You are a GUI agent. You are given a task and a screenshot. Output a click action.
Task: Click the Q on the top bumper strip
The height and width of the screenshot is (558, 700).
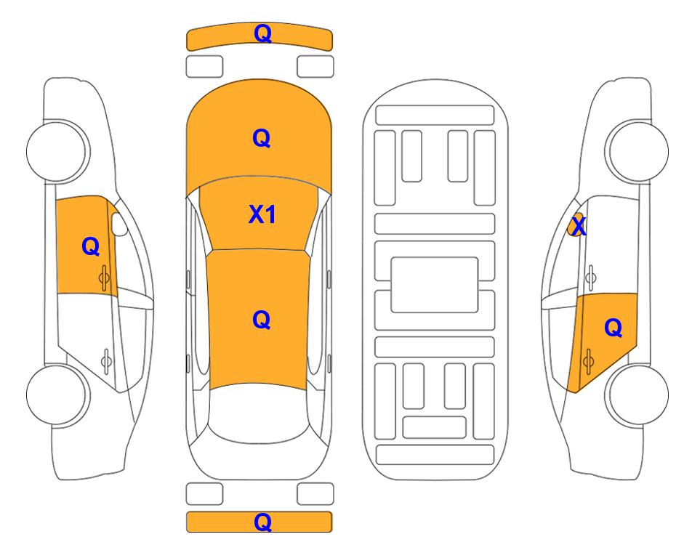pyautogui.click(x=262, y=33)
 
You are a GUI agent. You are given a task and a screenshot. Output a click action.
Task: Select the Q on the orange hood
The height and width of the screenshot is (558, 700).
pyautogui.click(x=262, y=138)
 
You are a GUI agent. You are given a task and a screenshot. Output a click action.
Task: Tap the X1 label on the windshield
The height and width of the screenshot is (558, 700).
pyautogui.click(x=262, y=214)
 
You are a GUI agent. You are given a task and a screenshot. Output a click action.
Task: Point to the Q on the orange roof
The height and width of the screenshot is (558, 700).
pyautogui.click(x=262, y=320)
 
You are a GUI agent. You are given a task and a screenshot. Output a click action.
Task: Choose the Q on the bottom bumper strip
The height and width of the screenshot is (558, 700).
pyautogui.click(x=262, y=522)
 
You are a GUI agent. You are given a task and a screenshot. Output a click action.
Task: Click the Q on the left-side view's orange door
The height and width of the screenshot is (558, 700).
pyautogui.click(x=91, y=246)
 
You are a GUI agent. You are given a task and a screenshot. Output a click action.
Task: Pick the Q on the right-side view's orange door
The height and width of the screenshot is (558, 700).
pyautogui.click(x=613, y=328)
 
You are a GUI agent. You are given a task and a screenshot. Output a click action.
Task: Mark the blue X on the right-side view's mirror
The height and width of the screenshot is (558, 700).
pyautogui.click(x=579, y=226)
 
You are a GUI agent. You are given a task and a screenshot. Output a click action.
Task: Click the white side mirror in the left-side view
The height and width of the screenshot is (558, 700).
pyautogui.click(x=118, y=224)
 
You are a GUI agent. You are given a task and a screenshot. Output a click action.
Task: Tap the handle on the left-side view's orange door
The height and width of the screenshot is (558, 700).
pyautogui.click(x=104, y=278)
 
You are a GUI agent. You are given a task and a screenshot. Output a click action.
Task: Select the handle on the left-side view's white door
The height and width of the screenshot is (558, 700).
pyautogui.click(x=106, y=360)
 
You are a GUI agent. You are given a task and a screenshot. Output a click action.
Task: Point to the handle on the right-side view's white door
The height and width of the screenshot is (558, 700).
pyautogui.click(x=590, y=278)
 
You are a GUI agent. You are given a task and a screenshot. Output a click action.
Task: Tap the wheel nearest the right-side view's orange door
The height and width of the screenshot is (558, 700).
pyautogui.click(x=637, y=395)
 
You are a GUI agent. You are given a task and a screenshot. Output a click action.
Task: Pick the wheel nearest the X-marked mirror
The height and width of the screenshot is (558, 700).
pyautogui.click(x=637, y=151)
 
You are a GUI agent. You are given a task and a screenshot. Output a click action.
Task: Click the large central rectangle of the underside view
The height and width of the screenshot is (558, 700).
pyautogui.click(x=435, y=285)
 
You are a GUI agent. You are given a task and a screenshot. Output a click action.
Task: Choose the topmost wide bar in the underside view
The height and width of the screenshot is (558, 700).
pyautogui.click(x=435, y=116)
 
